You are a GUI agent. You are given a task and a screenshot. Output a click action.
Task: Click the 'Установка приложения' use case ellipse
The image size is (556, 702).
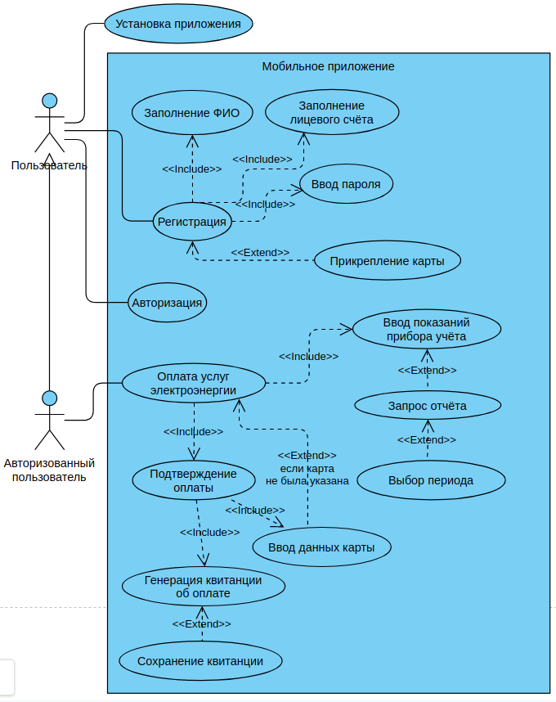(178, 24)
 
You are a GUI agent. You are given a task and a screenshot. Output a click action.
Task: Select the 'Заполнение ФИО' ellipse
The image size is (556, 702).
(192, 113)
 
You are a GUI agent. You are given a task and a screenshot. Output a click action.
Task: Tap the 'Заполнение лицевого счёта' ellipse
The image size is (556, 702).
(332, 113)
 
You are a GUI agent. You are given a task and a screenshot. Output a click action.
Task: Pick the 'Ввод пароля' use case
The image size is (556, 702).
(346, 184)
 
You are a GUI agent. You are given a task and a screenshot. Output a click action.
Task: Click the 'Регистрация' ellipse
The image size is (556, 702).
(192, 222)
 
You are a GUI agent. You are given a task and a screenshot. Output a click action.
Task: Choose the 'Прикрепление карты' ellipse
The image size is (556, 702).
(388, 262)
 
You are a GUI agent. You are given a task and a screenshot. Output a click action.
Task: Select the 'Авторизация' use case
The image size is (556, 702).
(167, 303)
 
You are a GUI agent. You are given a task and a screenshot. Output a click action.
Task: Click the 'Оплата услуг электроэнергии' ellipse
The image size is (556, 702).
(193, 383)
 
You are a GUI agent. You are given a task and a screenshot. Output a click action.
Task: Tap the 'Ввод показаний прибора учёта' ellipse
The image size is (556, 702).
(426, 329)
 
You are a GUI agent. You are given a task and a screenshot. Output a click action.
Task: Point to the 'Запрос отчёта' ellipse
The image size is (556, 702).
(427, 406)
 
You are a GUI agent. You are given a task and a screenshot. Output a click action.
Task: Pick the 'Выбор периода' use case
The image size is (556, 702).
(431, 480)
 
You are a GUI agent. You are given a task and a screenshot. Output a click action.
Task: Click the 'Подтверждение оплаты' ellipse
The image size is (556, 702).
(194, 480)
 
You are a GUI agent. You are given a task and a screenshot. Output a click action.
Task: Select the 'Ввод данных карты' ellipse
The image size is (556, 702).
(321, 547)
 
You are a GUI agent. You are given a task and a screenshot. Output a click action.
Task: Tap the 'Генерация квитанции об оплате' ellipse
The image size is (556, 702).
(203, 587)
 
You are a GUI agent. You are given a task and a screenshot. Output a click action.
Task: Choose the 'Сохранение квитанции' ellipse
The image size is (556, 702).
(200, 661)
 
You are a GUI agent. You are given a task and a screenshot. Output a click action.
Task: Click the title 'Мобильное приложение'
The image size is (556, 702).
(328, 66)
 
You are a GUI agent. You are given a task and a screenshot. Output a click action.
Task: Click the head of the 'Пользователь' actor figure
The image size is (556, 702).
(50, 101)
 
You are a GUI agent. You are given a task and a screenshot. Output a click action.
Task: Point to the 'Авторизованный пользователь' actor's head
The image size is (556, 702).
(50, 398)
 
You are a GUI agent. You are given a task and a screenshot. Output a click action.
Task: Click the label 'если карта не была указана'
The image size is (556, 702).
(307, 475)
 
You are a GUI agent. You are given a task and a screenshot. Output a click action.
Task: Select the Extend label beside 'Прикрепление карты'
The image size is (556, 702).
(260, 252)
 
